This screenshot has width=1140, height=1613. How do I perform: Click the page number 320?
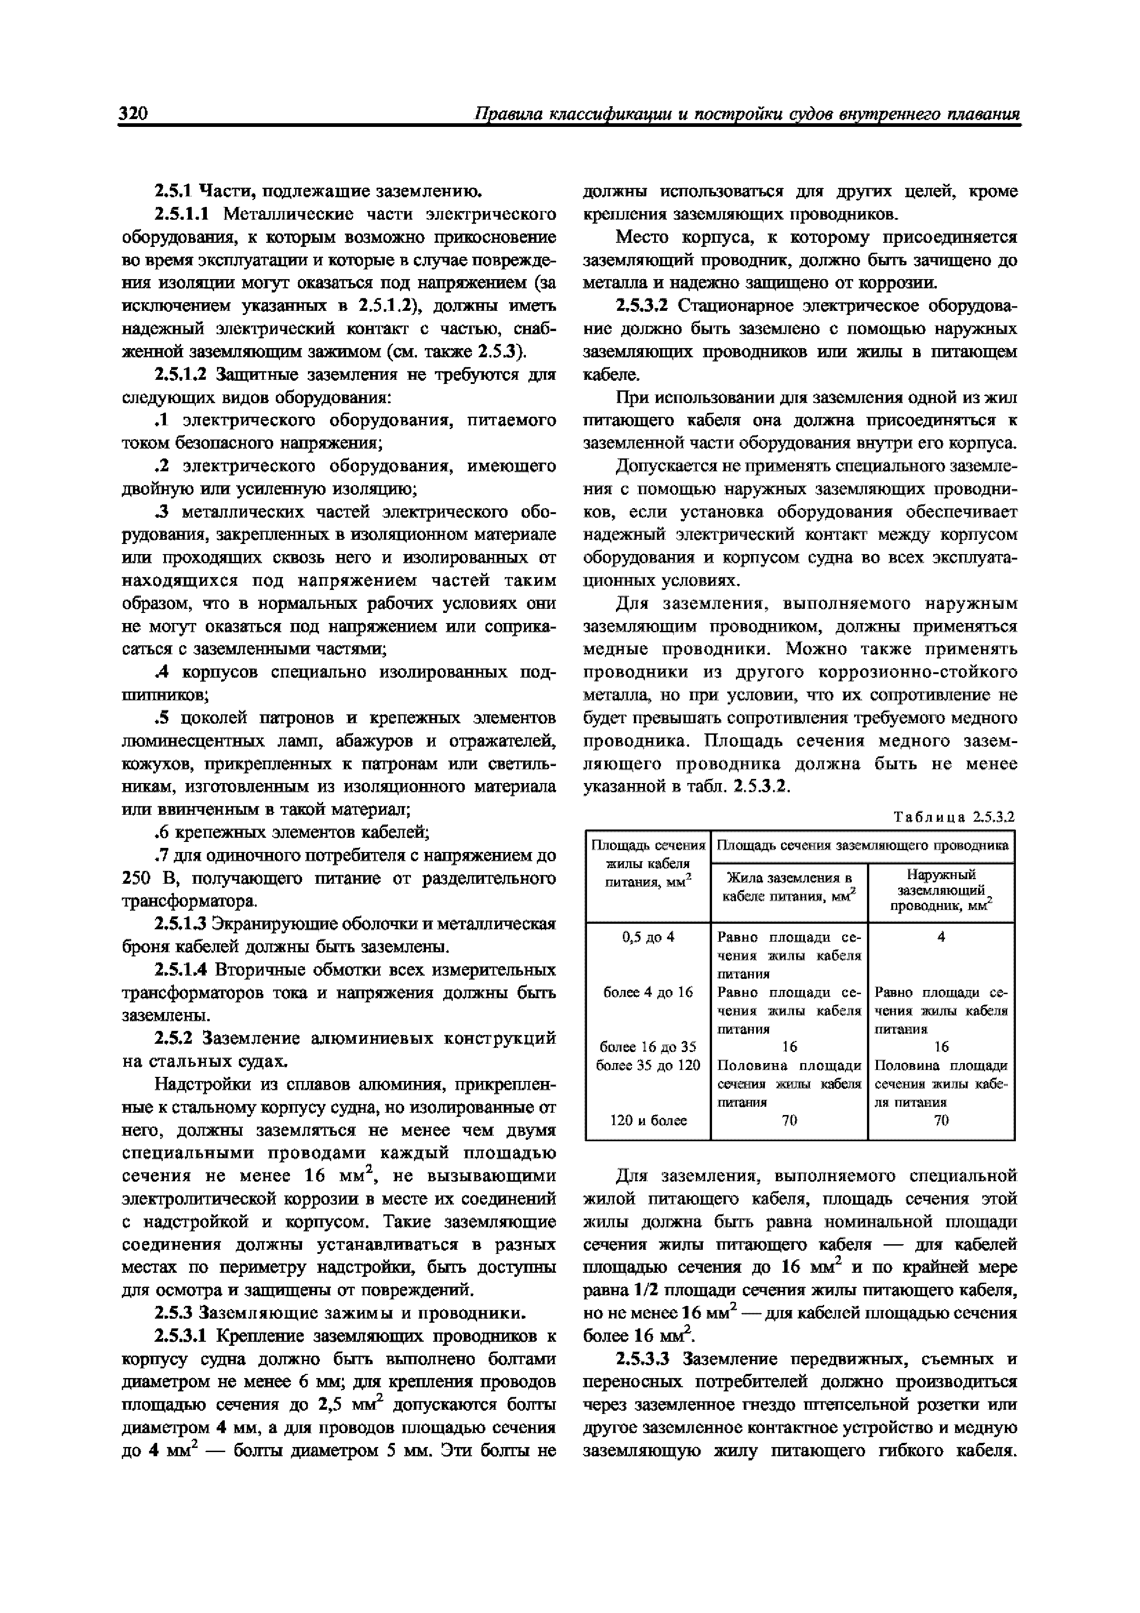[x=133, y=114]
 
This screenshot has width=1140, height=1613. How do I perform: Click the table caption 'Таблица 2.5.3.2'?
[x=955, y=817]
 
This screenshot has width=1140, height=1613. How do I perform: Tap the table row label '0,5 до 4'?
[x=648, y=937]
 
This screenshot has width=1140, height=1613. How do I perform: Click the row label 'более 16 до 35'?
[x=648, y=1046]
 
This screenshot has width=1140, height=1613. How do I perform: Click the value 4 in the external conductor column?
[x=941, y=937]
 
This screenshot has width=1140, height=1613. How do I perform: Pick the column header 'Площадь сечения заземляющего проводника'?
[x=862, y=845]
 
